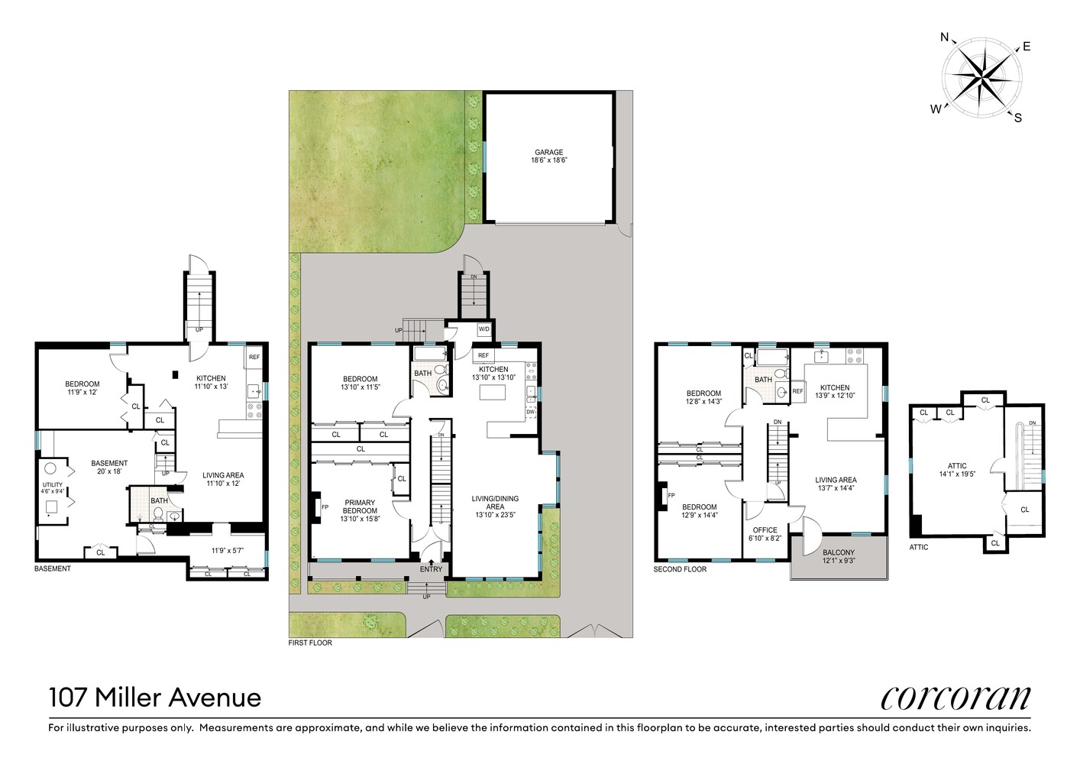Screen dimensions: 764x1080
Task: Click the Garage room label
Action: coord(548,156)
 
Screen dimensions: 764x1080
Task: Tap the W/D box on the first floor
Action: coord(484,329)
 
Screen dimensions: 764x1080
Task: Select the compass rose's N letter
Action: coord(944,37)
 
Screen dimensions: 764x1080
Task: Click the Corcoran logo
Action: coord(956,698)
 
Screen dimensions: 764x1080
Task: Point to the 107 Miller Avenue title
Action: coord(155,698)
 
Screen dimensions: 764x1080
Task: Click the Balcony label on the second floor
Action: coord(838,556)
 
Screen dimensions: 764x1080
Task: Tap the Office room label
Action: coord(765,533)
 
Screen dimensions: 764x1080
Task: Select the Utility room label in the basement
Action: coord(53,487)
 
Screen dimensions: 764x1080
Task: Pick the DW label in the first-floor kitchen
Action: coord(530,412)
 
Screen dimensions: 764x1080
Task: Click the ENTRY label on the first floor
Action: coord(431,569)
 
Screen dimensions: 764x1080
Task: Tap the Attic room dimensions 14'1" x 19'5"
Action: coord(957,474)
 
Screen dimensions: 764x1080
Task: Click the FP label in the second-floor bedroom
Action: coord(671,496)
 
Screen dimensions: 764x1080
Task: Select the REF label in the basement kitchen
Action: coord(254,357)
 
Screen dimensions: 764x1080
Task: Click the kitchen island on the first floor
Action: coord(493,392)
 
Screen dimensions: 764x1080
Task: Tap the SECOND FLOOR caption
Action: coord(680,569)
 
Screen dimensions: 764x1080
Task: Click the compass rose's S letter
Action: coord(1017,118)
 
